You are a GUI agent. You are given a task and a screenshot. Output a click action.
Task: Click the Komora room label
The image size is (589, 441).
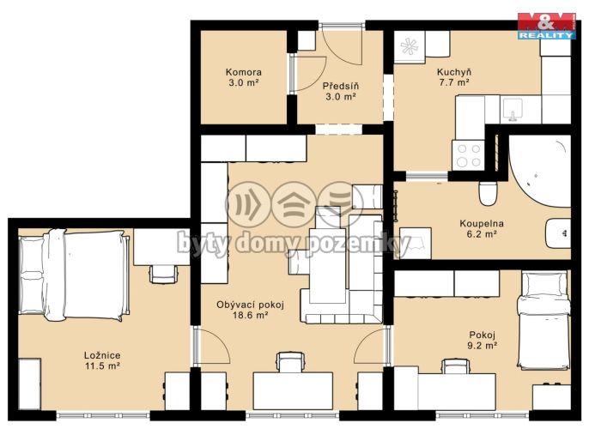[244, 72]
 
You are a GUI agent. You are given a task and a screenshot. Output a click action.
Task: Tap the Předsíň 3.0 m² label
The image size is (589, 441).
[341, 91]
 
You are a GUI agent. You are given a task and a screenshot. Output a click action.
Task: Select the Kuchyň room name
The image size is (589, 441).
[453, 72]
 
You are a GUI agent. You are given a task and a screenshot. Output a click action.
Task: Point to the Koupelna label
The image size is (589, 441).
[482, 223]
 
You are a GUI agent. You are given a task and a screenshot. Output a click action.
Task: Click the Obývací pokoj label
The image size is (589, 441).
[250, 305]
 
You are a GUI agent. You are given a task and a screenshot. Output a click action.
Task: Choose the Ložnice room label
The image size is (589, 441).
[102, 355]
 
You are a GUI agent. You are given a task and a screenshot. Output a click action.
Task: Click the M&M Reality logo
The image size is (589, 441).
[547, 26]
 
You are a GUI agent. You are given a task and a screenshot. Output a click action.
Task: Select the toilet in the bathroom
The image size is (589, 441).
[489, 193]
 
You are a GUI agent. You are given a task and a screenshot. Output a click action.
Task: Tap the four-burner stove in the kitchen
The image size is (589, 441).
[469, 155]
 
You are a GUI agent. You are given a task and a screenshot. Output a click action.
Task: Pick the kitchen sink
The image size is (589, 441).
[513, 110]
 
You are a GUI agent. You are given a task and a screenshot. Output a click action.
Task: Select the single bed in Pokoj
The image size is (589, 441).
[544, 318]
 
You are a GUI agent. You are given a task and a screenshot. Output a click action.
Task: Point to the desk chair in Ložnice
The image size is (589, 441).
[163, 273]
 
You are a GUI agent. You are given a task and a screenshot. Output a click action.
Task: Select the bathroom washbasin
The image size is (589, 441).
[558, 233]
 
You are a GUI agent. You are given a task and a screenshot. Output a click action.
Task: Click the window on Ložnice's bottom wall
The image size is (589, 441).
[103, 415]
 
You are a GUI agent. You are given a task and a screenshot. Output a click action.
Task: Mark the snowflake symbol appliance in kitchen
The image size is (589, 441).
[410, 46]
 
